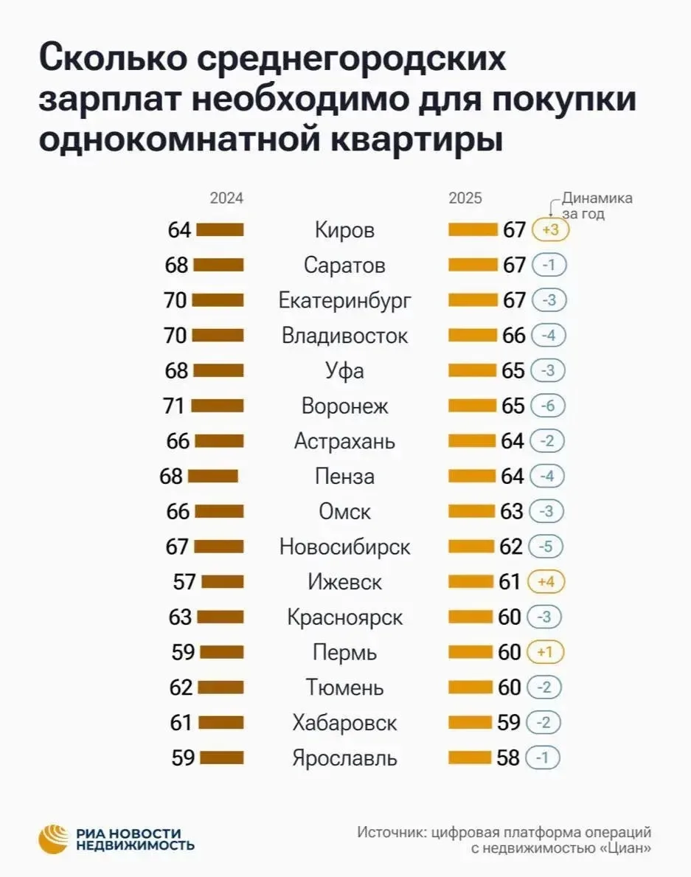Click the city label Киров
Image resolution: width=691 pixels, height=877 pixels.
click(x=344, y=230)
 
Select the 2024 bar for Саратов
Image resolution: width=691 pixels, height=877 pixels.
click(x=219, y=265)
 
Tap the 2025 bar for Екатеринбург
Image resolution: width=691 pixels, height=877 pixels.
click(x=473, y=300)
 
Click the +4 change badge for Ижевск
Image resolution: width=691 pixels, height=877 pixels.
click(x=546, y=582)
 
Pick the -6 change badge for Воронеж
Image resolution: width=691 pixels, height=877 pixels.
click(x=546, y=406)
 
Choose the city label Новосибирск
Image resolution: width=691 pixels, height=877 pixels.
click(x=344, y=547)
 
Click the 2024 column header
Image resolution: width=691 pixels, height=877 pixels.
click(x=226, y=198)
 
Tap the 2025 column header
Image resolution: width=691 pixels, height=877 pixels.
click(x=465, y=198)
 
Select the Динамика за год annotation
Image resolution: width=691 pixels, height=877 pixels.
click(x=596, y=206)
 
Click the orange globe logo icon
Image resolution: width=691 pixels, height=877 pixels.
click(x=55, y=839)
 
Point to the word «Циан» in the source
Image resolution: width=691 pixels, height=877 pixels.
click(x=625, y=849)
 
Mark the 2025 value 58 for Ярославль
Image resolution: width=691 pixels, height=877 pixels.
click(x=508, y=758)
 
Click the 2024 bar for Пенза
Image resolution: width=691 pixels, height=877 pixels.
click(x=213, y=476)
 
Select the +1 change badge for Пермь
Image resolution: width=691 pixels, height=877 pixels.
click(x=546, y=653)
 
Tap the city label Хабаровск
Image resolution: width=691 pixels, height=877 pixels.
click(x=344, y=723)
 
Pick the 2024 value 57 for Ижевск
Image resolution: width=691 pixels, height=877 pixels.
click(x=184, y=582)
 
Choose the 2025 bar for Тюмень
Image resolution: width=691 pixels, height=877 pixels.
click(x=472, y=687)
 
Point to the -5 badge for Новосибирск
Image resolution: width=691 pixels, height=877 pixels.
click(x=546, y=547)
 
